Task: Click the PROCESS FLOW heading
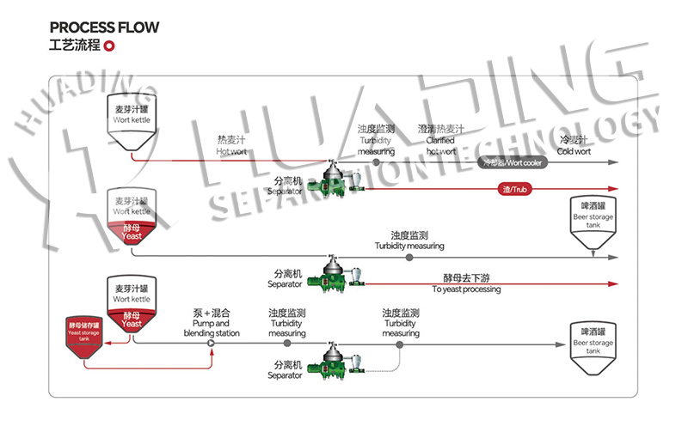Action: (x=104, y=27)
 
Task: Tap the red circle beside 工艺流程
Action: (x=109, y=46)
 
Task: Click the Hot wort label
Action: (x=231, y=145)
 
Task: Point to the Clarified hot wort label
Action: (x=441, y=140)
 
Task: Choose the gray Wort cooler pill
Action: (x=513, y=161)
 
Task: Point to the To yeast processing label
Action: (x=465, y=284)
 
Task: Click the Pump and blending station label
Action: (x=212, y=323)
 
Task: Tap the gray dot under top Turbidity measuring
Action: (x=376, y=161)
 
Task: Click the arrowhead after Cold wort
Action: (x=614, y=161)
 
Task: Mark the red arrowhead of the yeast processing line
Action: (x=614, y=283)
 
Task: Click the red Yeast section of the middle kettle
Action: (x=131, y=232)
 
